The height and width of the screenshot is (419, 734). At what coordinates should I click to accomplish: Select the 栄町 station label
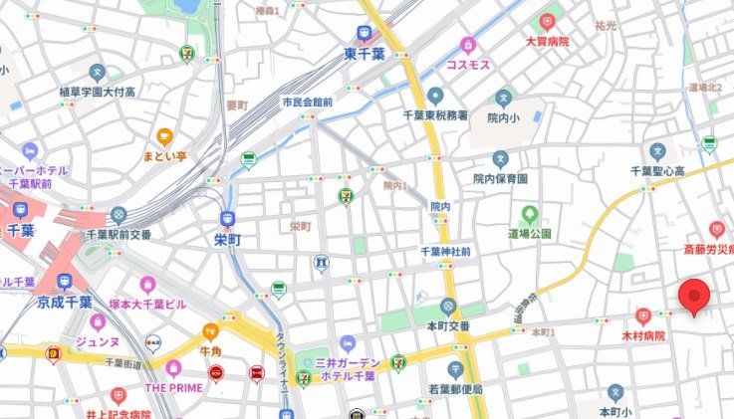pos(227,240)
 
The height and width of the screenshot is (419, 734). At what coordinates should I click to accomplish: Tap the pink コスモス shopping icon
pos(467,45)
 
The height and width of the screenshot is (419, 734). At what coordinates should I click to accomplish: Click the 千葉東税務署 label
pos(434,114)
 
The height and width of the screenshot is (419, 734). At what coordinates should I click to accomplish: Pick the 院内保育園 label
pos(500,178)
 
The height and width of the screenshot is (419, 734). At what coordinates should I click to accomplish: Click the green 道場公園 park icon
pos(530,214)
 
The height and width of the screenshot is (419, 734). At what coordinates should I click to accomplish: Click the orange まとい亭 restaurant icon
pos(164,137)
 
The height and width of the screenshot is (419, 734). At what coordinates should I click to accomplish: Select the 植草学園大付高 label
pos(96,92)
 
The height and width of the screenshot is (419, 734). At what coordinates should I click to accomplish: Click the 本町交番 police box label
pos(448,324)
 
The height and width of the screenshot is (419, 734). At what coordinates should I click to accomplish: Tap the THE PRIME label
pos(173,387)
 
